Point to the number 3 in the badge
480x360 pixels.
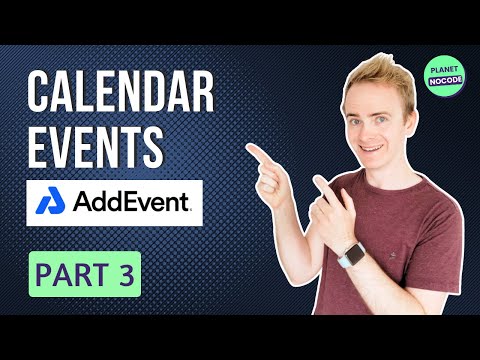125,275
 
